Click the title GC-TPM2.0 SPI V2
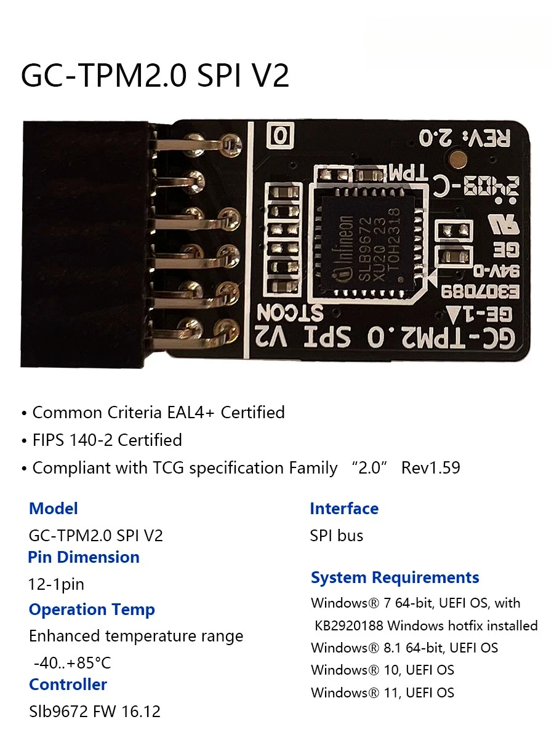coord(155,76)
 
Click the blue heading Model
coord(54,509)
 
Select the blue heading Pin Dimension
coord(84,557)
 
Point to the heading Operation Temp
coord(92,609)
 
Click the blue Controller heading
coord(68,684)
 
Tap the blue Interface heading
coord(344,509)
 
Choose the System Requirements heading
coord(395,577)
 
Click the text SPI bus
coord(337,536)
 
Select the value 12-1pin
coord(56,584)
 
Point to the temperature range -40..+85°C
coord(72,663)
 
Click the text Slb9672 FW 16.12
coord(95,712)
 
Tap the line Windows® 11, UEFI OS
coord(382,692)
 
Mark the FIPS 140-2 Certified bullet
coord(106,440)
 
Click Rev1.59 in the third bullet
coord(430,468)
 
